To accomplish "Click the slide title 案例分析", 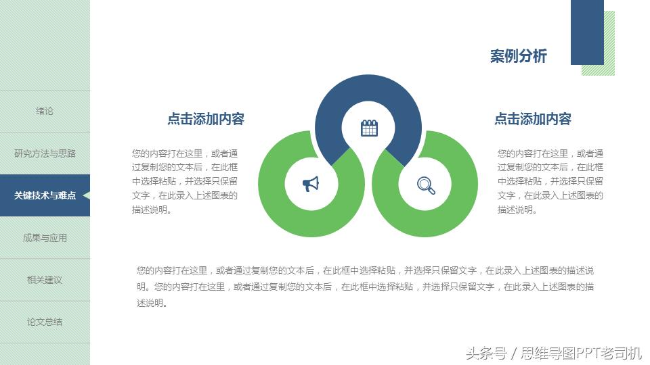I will click(518, 56).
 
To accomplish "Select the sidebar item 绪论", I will click(45, 111).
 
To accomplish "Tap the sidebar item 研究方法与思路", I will click(45, 153).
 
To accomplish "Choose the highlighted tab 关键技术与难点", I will click(45, 195).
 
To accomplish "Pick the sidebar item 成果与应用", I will click(45, 238).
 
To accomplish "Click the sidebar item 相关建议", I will click(45, 280).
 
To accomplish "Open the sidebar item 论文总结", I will click(45, 322).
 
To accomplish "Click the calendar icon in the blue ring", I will click(369, 128).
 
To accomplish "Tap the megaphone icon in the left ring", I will click(311, 184).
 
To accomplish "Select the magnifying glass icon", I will click(426, 185).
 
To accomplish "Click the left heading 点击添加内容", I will click(206, 119).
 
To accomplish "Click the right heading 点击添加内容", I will click(533, 119).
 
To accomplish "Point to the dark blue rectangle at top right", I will click(587, 32).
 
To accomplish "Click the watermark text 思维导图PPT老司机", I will click(580, 353).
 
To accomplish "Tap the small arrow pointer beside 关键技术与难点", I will click(86, 195).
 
